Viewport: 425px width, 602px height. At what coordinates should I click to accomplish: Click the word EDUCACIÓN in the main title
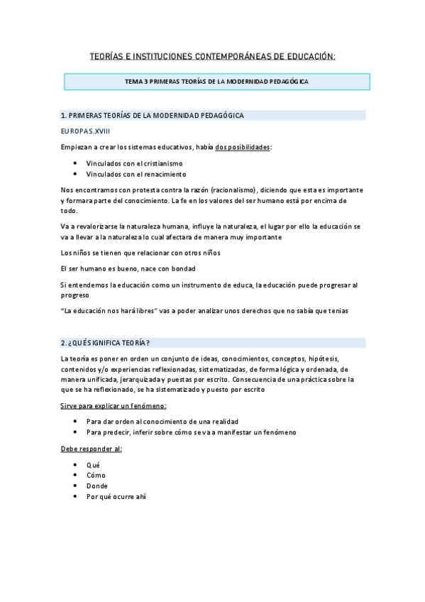click(307, 55)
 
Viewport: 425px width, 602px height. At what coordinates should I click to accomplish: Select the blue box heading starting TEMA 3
click(216, 82)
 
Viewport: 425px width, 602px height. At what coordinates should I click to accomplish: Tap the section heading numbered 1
click(153, 115)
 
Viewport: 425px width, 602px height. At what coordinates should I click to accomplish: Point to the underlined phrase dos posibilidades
click(243, 147)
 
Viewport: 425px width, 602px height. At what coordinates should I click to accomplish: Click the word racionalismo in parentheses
click(231, 190)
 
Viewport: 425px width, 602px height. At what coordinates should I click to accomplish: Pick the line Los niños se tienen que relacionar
click(140, 253)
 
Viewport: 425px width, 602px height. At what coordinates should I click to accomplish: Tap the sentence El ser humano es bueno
click(128, 268)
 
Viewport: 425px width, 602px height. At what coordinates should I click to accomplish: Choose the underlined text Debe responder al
click(92, 449)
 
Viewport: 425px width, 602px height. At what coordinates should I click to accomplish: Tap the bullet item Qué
click(93, 464)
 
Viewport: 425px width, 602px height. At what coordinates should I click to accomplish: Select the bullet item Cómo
click(96, 475)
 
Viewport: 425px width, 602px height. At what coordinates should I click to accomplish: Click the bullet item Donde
click(97, 486)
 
